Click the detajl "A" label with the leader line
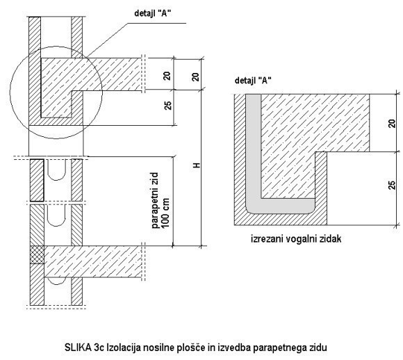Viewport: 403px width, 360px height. [x=153, y=13]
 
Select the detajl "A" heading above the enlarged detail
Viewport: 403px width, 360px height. [x=253, y=81]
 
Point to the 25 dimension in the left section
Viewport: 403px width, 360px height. [x=167, y=105]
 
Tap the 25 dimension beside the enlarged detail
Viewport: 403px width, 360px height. [x=392, y=185]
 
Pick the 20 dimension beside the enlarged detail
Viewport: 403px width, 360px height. [x=392, y=124]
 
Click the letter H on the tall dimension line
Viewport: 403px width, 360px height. [x=197, y=165]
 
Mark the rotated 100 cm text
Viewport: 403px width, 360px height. [x=165, y=213]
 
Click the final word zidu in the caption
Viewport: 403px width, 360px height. [x=318, y=347]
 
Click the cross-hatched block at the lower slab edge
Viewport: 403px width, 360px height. [x=37, y=254]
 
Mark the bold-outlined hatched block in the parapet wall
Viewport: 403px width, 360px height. [x=37, y=180]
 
